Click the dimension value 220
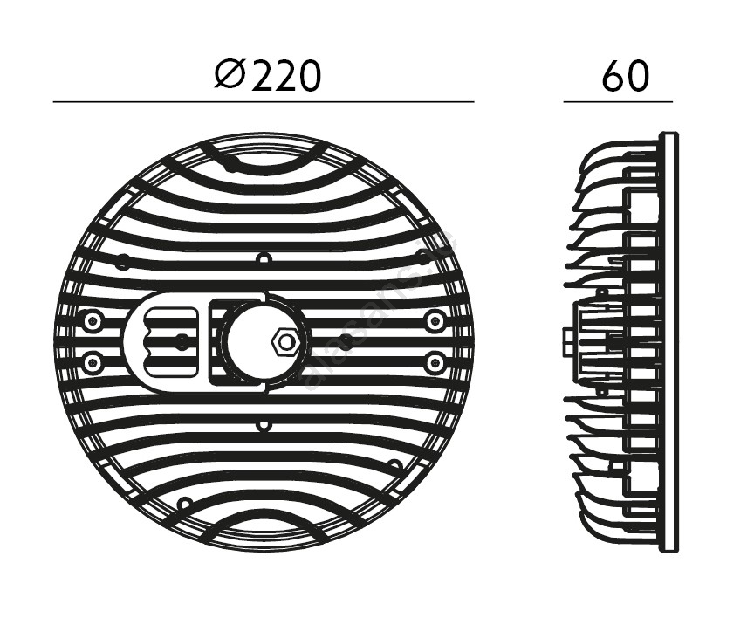pos(287,77)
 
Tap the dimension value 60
pos(625,77)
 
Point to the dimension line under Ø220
pos(264,102)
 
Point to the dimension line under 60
pos(618,102)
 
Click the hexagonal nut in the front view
pos(283,341)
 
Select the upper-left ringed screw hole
pos(92,321)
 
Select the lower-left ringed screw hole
pos(92,360)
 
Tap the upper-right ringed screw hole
pos(435,321)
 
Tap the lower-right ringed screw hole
pos(435,360)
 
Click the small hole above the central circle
pos(264,259)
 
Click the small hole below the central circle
pos(264,425)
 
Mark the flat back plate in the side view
pos(668,342)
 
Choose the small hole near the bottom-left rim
pos(184,504)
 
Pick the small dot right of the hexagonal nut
pos(346,341)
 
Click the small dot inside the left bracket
pos(182,341)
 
